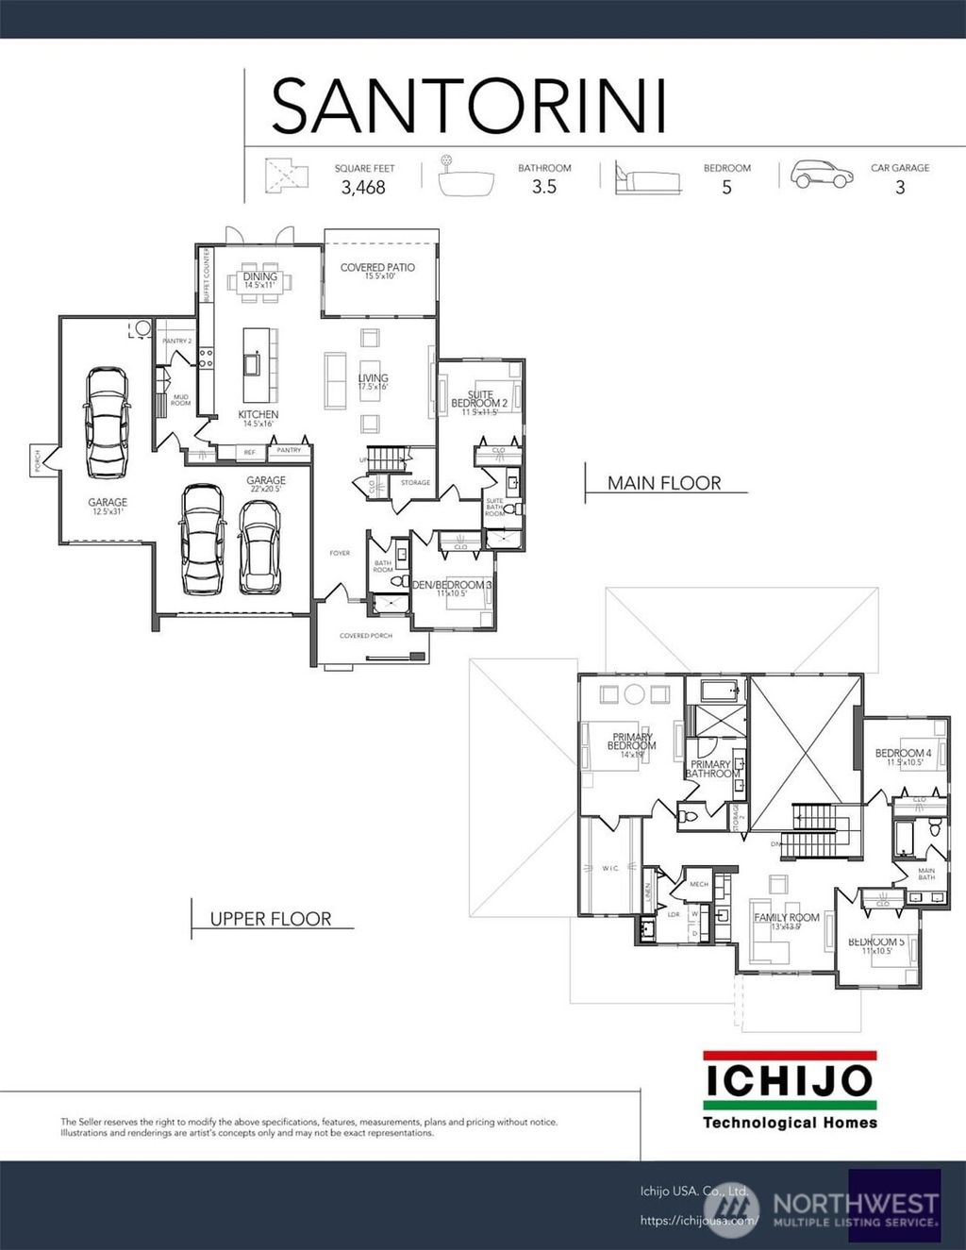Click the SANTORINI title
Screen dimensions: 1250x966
(x=469, y=106)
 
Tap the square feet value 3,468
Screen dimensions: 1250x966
(x=363, y=188)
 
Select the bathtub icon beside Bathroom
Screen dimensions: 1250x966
(x=466, y=178)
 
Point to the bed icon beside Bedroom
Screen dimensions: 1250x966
(x=647, y=178)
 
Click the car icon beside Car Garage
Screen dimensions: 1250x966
(x=822, y=175)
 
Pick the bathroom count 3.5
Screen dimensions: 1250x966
(x=544, y=187)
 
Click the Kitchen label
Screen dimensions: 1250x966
(x=258, y=415)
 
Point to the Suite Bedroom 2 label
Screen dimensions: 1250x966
(x=479, y=400)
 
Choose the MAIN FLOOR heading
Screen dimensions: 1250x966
(x=664, y=483)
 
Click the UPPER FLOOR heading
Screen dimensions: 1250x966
(x=271, y=919)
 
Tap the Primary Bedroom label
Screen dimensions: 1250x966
(x=631, y=742)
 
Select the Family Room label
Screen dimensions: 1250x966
(x=786, y=917)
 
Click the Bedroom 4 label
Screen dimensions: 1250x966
(x=903, y=754)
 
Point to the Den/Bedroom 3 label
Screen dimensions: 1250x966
(x=452, y=585)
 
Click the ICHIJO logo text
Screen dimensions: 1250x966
(x=789, y=1081)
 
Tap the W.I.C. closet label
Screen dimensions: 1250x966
(x=610, y=868)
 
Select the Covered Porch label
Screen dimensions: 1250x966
(x=366, y=636)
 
